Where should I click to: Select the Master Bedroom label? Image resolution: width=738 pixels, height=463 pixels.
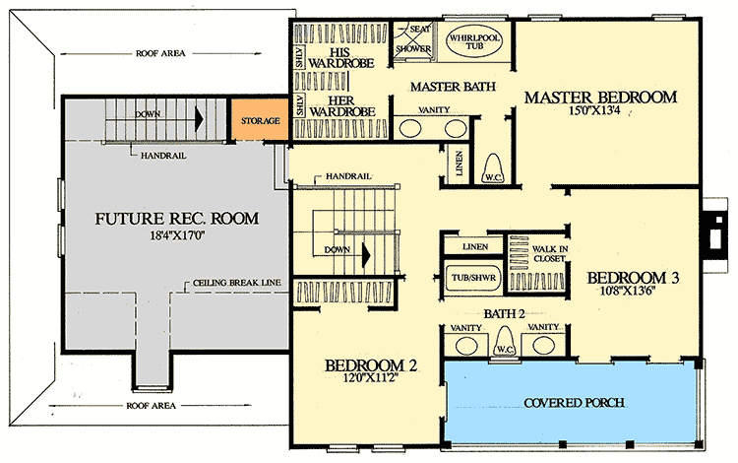pos(600,98)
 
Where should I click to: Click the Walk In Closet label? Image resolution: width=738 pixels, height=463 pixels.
pos(549,253)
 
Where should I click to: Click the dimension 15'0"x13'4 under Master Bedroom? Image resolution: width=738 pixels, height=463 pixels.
pos(600,114)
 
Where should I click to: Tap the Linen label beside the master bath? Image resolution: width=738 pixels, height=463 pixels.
pos(458,162)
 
